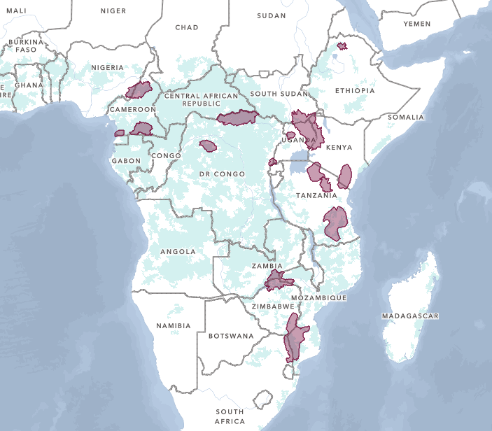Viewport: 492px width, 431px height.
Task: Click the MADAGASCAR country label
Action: (410, 316)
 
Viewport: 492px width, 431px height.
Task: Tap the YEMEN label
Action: (417, 24)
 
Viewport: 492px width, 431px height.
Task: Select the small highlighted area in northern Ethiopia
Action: (342, 46)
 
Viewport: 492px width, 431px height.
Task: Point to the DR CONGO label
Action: (222, 174)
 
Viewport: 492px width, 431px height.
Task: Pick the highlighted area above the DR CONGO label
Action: (208, 146)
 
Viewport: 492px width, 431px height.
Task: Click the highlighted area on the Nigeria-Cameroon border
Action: (139, 90)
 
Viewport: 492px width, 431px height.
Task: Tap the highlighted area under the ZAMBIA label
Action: (278, 281)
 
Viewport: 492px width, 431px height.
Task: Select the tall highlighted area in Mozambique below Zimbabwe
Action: (295, 336)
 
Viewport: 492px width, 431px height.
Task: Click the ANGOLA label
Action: (178, 251)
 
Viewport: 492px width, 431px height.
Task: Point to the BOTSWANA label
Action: (230, 336)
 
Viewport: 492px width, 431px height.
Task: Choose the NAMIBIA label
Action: (174, 326)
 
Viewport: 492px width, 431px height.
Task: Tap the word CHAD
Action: (186, 27)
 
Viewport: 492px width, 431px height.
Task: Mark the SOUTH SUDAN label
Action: (279, 94)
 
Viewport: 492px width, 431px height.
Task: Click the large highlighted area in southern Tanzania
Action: (335, 223)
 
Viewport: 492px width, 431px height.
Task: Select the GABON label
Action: (126, 161)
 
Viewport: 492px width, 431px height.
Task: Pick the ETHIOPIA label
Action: (355, 91)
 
